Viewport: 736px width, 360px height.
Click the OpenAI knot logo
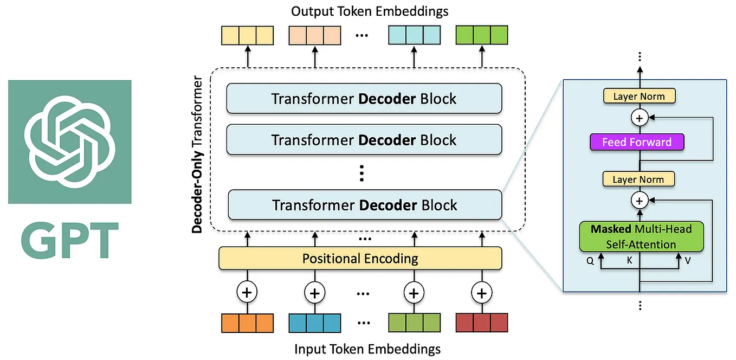(x=69, y=142)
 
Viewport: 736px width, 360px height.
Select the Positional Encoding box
(x=360, y=258)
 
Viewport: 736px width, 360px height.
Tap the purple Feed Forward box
(x=637, y=143)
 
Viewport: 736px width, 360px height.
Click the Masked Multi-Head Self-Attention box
(x=641, y=236)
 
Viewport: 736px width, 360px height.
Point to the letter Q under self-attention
(x=590, y=260)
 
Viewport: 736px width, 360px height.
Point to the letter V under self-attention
(x=688, y=260)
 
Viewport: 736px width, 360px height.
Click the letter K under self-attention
(x=629, y=260)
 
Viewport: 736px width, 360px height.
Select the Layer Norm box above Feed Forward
(x=639, y=97)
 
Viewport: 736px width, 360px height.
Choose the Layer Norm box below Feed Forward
(x=639, y=179)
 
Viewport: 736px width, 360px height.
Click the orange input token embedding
(x=247, y=323)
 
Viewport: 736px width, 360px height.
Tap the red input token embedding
(x=481, y=323)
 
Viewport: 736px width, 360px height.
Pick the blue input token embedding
(x=314, y=323)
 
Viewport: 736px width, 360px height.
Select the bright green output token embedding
(x=481, y=35)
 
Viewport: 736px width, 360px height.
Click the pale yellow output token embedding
(x=247, y=35)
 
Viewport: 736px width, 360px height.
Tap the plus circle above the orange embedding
(x=247, y=293)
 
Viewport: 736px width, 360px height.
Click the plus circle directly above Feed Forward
(x=640, y=118)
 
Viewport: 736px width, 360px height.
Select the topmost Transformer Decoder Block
(x=364, y=99)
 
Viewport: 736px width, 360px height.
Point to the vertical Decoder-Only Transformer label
(x=197, y=155)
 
